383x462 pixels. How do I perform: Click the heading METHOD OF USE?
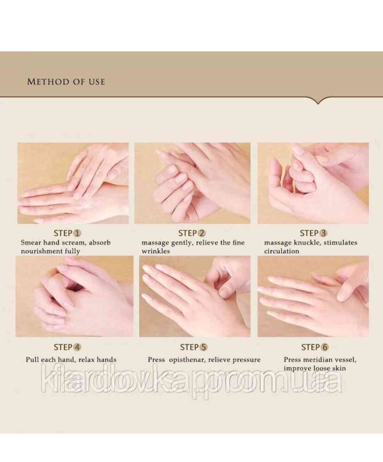pos(66,82)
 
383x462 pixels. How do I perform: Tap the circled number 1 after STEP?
pos(77,233)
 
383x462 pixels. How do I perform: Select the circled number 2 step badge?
pos(201,233)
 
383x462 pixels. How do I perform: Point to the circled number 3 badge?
pos(323,233)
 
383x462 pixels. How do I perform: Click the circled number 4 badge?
pos(77,347)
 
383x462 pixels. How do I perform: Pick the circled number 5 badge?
pos(204,347)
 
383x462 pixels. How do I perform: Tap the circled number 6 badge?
pos(325,347)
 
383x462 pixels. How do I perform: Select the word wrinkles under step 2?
pos(156,251)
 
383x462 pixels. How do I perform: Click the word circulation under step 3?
pos(282,251)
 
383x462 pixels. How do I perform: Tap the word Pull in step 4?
pos(32,360)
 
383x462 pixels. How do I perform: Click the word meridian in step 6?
pos(319,360)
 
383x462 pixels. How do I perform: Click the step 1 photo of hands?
pos(73,183)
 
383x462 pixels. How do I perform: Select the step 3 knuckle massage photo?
pos(313,183)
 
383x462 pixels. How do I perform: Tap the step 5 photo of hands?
pos(195,297)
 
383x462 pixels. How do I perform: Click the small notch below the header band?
pos(318,101)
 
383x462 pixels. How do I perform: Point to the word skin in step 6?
pos(339,368)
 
